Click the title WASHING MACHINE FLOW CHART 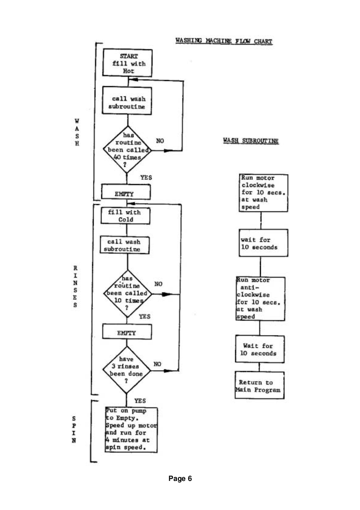pos(223,42)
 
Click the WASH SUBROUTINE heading pos(251,141)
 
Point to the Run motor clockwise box pos(264,191)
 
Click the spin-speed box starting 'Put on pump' pos(131,429)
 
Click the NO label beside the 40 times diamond pos(160,141)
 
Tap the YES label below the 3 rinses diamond pos(140,401)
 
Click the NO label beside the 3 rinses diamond pos(158,364)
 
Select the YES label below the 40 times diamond pos(146,178)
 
